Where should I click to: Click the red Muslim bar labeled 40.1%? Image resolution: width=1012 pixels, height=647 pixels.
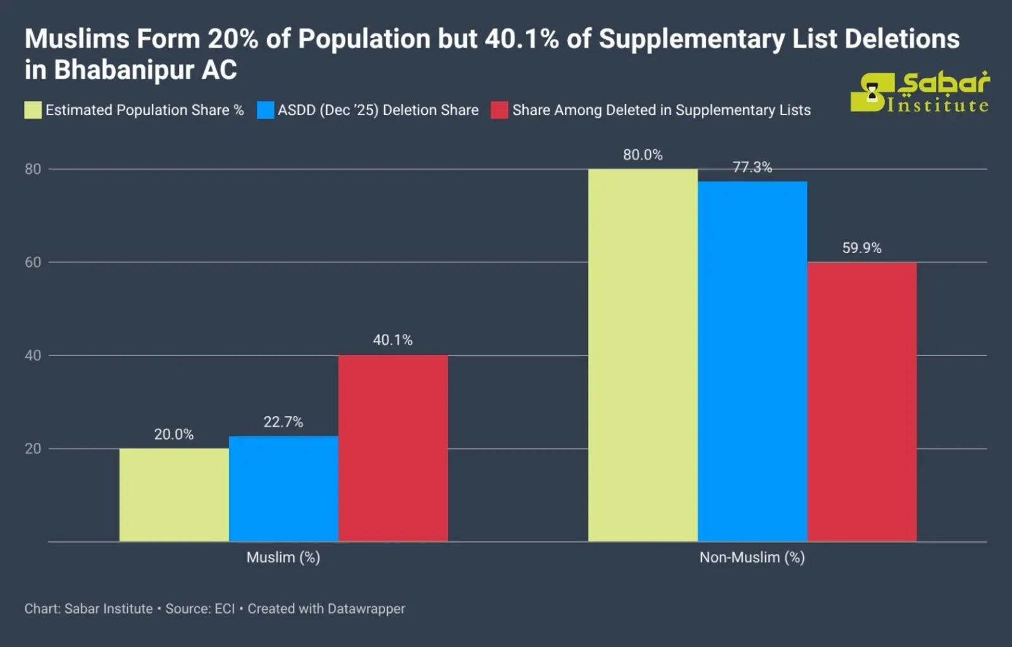tap(393, 448)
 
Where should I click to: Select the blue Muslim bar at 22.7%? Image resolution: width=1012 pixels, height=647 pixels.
tap(283, 488)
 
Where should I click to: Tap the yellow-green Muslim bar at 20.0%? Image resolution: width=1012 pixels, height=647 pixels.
tap(174, 495)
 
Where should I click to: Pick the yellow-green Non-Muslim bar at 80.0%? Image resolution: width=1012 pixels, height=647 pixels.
tap(643, 355)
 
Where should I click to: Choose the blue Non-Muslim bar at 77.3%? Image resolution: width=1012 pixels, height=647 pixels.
tap(752, 361)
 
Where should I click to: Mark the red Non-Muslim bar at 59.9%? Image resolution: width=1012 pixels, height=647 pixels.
tap(861, 402)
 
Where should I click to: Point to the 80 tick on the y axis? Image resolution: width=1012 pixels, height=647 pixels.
tap(33, 169)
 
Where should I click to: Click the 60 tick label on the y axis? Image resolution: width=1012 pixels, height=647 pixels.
tap(33, 262)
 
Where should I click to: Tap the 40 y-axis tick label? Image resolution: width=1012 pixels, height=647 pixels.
tap(33, 355)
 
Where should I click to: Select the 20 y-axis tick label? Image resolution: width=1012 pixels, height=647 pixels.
tap(33, 448)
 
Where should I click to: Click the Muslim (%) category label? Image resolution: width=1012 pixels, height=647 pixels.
tap(283, 557)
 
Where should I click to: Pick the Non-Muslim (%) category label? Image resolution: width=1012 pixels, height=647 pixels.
tap(752, 557)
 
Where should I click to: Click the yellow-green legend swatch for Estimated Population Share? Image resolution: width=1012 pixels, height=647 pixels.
tap(33, 110)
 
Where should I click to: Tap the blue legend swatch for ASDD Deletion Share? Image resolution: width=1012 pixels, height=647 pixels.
tap(266, 110)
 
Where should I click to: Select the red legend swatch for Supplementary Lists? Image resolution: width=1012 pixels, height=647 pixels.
tap(500, 110)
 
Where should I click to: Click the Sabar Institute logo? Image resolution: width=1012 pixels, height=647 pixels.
tap(920, 92)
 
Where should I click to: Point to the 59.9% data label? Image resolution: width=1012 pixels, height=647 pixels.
tap(861, 248)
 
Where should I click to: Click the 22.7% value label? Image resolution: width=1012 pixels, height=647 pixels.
tap(283, 422)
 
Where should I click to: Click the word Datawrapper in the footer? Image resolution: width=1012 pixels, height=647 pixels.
tap(366, 608)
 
